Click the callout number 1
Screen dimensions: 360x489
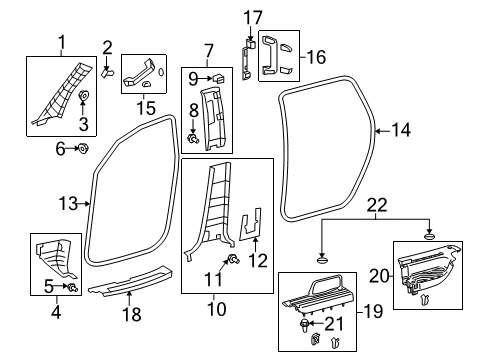click(61, 41)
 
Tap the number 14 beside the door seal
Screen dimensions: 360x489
click(401, 129)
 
